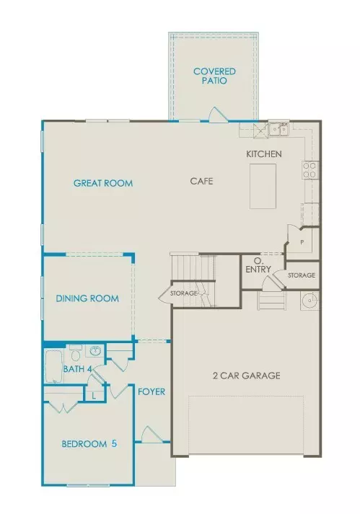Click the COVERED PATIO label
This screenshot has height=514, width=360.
211,76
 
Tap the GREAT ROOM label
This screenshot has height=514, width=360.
103,183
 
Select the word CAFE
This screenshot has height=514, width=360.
201,181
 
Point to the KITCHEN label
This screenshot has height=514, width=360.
264,154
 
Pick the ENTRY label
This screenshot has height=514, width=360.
258,270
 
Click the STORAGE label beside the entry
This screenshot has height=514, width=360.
302,275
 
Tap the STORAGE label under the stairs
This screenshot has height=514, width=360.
183,293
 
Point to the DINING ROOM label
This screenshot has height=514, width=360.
87,298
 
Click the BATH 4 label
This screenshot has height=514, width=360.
77,369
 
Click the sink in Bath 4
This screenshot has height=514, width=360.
95,352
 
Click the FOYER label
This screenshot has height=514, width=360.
152,392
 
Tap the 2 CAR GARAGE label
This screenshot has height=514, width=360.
246,376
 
